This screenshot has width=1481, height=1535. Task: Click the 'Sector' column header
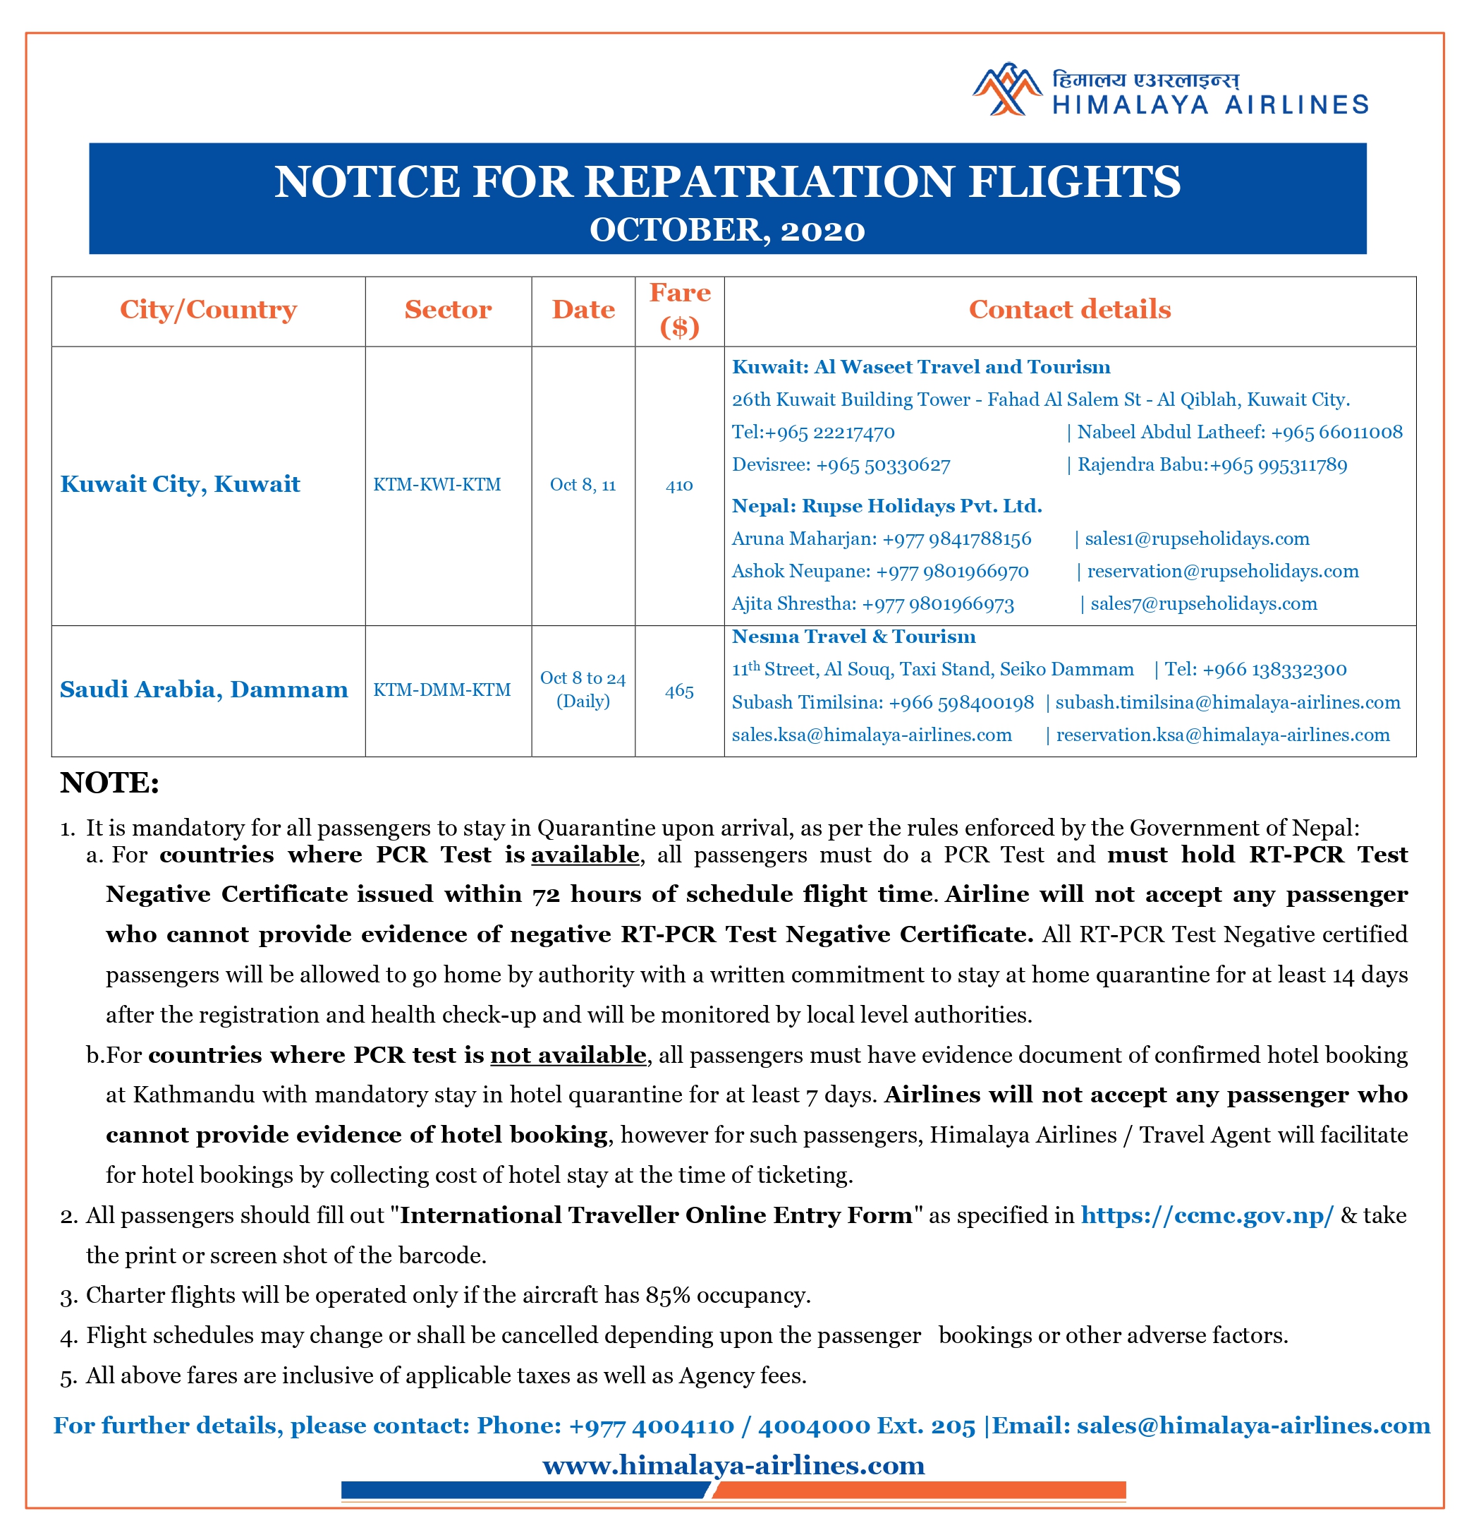click(x=448, y=310)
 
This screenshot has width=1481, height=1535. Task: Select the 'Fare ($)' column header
click(x=679, y=310)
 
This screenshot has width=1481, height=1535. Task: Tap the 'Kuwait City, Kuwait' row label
click(x=180, y=484)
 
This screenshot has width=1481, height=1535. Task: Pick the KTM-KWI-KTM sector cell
click(x=437, y=485)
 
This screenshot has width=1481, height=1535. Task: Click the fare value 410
click(x=678, y=486)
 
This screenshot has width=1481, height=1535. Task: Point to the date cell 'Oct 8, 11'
click(x=583, y=485)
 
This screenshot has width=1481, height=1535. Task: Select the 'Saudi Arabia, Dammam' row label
click(x=204, y=690)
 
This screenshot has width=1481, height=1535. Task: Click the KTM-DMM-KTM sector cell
click(x=441, y=690)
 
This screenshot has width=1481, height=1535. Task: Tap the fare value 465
click(x=678, y=691)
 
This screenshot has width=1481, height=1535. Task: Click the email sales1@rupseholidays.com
click(x=1197, y=538)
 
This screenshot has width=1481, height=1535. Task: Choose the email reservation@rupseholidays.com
click(x=1223, y=571)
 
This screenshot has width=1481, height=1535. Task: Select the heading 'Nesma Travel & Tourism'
click(x=853, y=637)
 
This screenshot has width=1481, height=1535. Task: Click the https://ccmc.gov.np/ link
click(x=1206, y=1215)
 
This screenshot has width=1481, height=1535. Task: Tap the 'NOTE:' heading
click(x=109, y=783)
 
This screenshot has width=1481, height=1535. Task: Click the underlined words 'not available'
click(x=568, y=1055)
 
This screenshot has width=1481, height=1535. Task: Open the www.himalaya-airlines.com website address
click(x=733, y=1464)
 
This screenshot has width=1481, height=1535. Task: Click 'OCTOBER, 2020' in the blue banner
click(x=727, y=230)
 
